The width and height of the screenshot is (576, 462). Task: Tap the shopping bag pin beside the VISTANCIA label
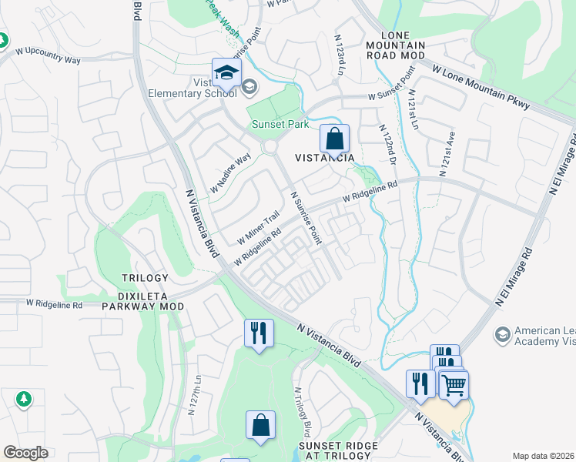pyautogui.click(x=335, y=140)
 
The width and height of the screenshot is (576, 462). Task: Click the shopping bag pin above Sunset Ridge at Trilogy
pyautogui.click(x=260, y=426)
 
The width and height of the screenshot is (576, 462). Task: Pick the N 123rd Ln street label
pyautogui.click(x=339, y=55)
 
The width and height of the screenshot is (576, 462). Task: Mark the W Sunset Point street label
pyautogui.click(x=392, y=87)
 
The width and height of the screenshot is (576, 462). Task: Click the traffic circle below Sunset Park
pyautogui.click(x=270, y=147)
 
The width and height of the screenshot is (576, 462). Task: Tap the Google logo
pyautogui.click(x=25, y=453)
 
